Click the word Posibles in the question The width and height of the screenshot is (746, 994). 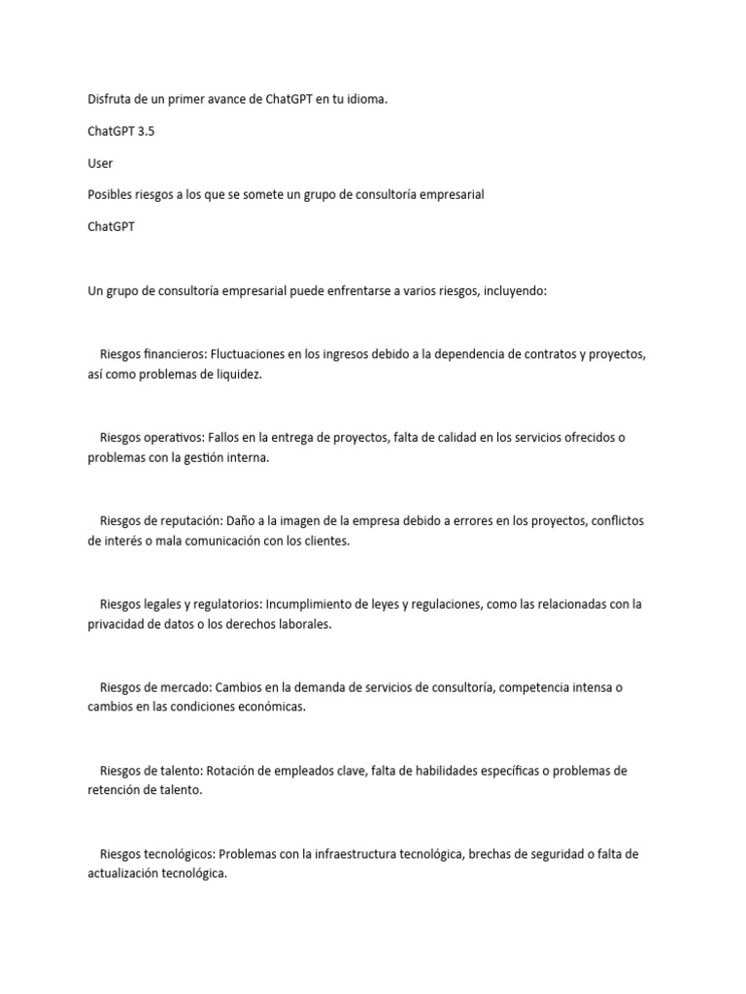pyautogui.click(x=110, y=194)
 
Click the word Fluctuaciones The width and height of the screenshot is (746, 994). pyautogui.click(x=250, y=354)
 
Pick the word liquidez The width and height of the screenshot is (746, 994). pyautogui.click(x=236, y=375)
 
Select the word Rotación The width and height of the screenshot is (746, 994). pyautogui.click(x=233, y=772)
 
